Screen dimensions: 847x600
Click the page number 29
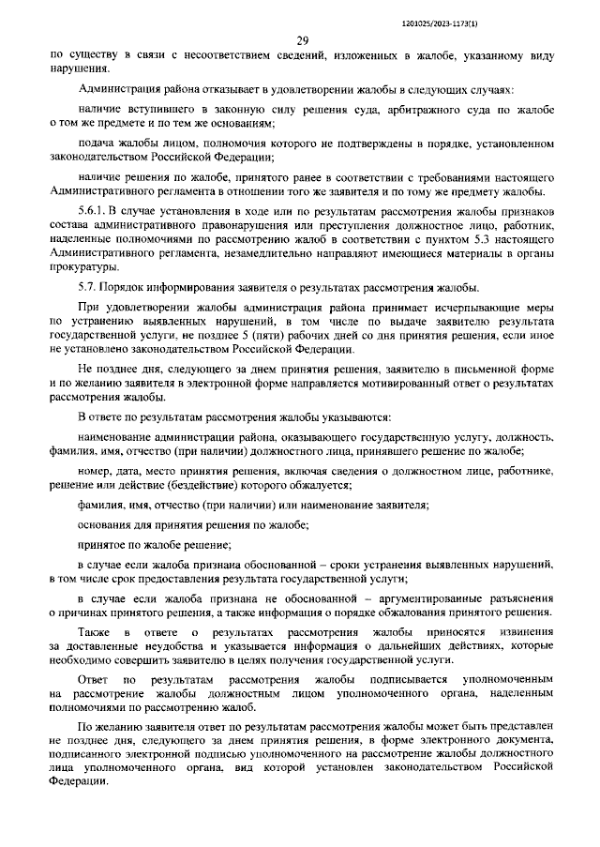point(302,40)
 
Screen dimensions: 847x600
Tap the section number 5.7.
point(88,285)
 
